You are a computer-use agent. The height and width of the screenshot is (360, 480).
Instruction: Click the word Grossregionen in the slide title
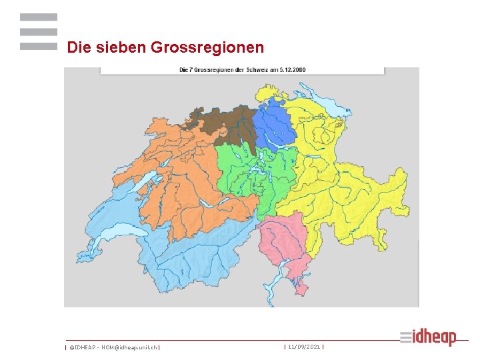pos(207,48)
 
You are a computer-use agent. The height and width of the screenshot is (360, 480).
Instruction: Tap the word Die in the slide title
pos(78,48)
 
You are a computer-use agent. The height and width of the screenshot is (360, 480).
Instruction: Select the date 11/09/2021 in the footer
pos(304,347)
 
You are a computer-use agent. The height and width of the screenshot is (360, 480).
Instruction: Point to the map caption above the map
pos(242,69)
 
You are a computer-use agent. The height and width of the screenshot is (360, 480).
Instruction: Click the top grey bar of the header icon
pos(38,17)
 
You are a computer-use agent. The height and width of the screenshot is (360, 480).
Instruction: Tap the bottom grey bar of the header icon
pos(38,47)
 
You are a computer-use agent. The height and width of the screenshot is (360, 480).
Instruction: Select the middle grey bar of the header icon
pos(38,32)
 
